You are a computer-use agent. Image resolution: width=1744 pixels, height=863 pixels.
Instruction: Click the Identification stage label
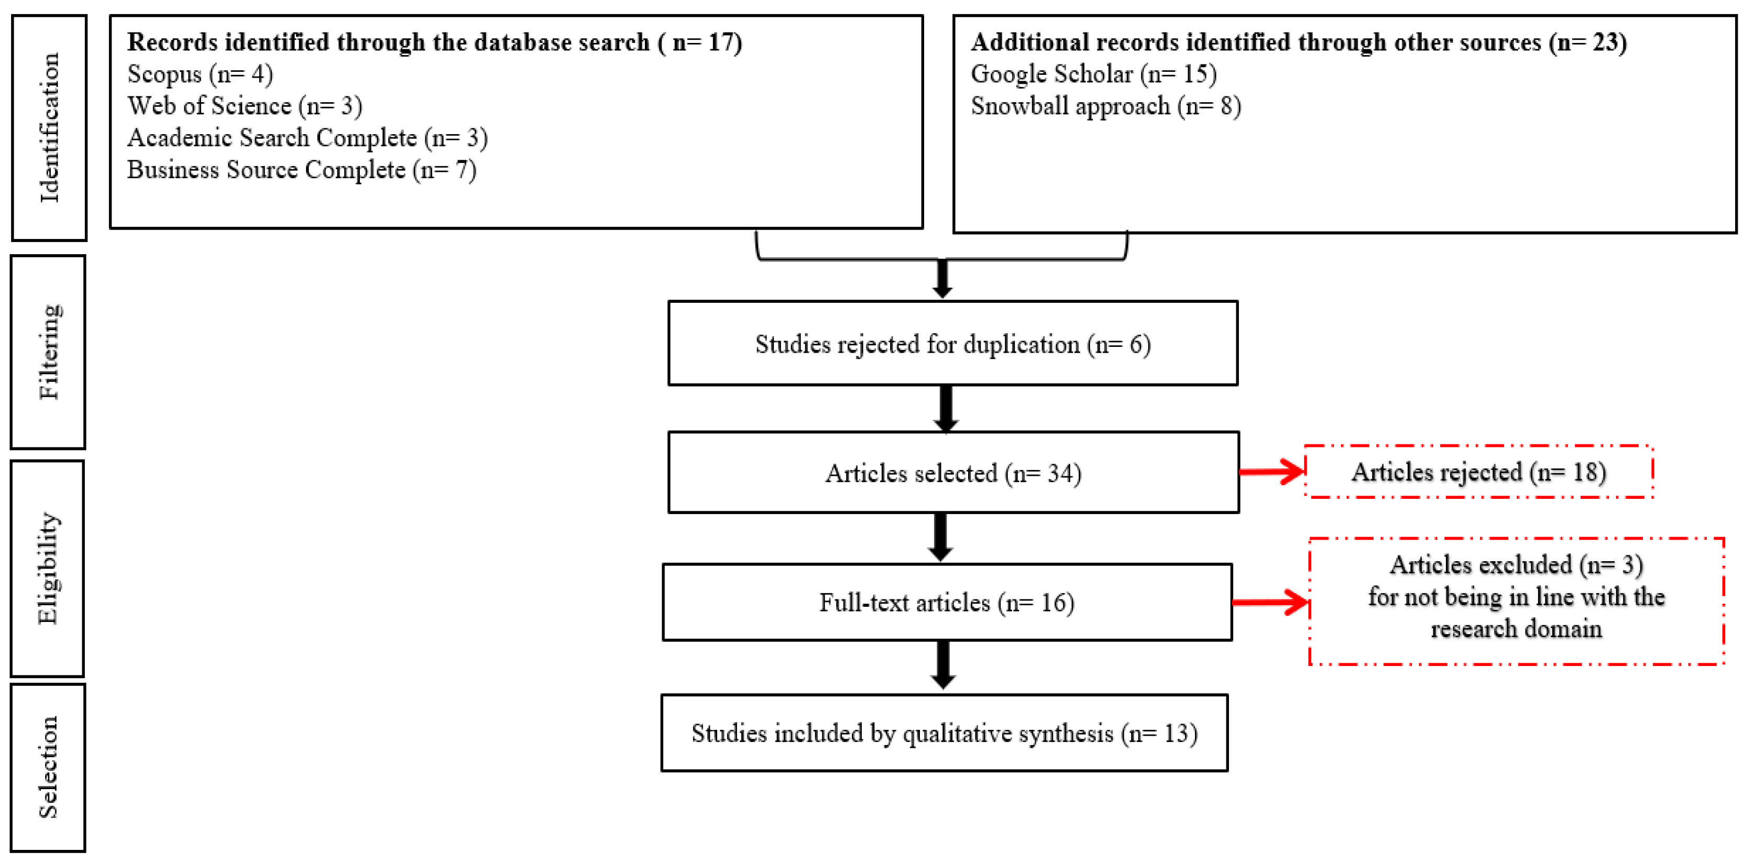click(49, 127)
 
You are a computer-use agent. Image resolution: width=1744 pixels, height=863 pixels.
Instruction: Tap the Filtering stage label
click(49, 352)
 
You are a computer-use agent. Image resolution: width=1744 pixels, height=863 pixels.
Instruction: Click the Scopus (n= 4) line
click(200, 74)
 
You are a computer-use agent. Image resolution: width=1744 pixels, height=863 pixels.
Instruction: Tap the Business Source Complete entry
click(301, 169)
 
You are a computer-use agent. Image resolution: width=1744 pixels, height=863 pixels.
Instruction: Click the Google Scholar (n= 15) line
click(1093, 74)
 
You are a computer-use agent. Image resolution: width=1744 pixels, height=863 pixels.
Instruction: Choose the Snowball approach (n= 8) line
click(1105, 106)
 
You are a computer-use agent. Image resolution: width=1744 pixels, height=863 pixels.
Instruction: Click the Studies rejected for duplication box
click(952, 344)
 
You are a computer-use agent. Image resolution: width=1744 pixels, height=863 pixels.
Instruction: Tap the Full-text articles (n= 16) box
click(947, 602)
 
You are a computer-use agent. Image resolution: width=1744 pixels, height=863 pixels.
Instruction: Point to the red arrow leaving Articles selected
click(1271, 472)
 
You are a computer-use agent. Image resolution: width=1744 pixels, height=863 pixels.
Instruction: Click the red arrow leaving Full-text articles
click(1270, 602)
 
